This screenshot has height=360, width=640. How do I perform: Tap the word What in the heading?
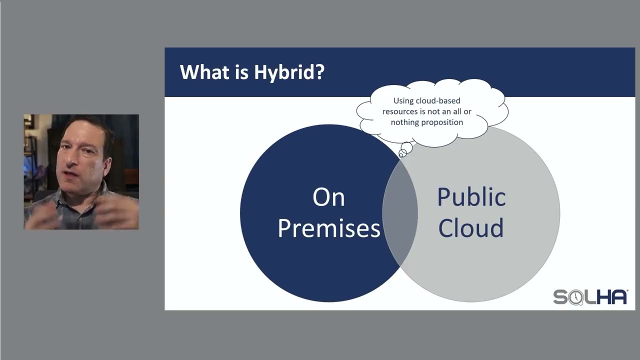[x=200, y=71]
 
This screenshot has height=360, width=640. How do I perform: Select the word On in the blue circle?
[x=328, y=197]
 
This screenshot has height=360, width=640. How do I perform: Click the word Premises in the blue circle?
[x=328, y=228]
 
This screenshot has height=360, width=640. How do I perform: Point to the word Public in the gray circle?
[x=471, y=197]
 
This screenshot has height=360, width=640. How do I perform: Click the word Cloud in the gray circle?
[x=471, y=228]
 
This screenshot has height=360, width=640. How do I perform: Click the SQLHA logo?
[x=590, y=297]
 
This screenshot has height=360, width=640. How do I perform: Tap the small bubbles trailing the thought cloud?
[x=405, y=149]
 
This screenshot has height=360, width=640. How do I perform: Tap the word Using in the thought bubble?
[x=403, y=101]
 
